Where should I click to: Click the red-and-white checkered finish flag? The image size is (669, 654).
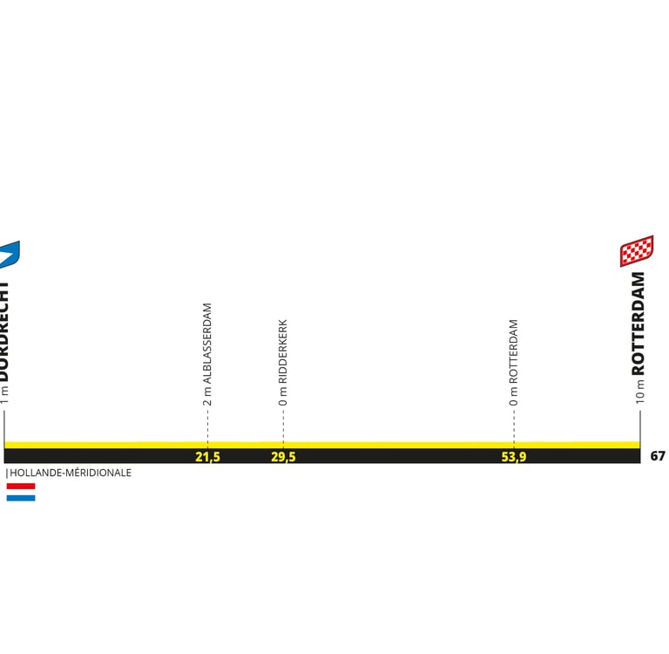tap(637, 251)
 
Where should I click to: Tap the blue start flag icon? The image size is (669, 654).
tap(9, 254)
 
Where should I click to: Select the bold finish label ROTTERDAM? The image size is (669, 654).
tap(639, 324)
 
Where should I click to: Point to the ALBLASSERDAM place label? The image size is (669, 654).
tap(207, 344)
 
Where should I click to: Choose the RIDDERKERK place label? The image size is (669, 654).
tap(283, 351)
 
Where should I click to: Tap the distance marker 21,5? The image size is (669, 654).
tap(207, 456)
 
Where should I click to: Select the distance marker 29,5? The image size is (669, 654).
tap(283, 456)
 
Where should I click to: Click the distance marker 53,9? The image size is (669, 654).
tap(514, 456)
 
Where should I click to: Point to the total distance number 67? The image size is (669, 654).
tap(658, 456)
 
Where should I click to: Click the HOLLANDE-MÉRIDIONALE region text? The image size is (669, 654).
tap(71, 473)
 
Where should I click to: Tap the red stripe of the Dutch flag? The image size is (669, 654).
tap(21, 486)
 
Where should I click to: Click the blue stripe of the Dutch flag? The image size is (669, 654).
tap(21, 498)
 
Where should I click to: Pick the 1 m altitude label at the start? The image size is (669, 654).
tap(4, 395)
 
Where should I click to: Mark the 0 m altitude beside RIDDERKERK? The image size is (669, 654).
tap(283, 398)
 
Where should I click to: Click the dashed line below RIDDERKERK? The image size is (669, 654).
tap(283, 426)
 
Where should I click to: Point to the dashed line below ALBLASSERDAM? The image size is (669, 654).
tap(207, 426)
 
